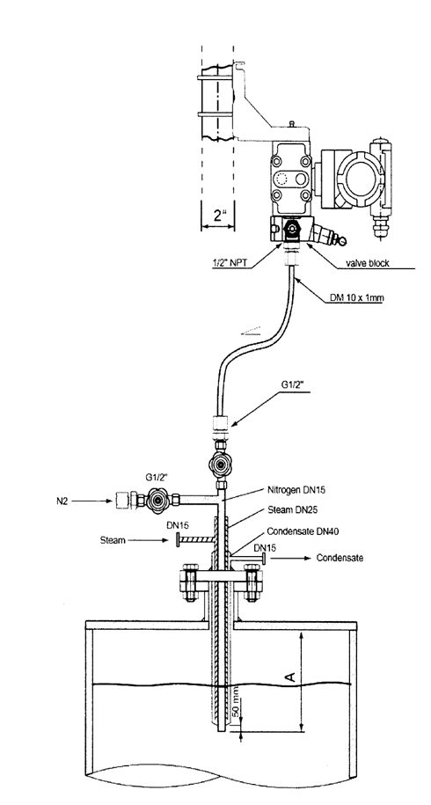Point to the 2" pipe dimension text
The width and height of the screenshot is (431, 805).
[x=220, y=215]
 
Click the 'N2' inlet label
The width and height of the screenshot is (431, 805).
[x=62, y=501]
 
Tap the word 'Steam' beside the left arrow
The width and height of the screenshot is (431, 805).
[x=113, y=540]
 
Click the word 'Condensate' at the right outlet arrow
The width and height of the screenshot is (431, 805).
[x=340, y=558]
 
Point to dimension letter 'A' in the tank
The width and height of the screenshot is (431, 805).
[x=290, y=677]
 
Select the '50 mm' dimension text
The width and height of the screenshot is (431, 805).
[x=236, y=706]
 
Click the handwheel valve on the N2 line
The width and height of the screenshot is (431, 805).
[x=155, y=499]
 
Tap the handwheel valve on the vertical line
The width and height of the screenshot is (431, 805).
[x=221, y=465]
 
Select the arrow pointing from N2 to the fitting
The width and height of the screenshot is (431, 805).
[x=91, y=501]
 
